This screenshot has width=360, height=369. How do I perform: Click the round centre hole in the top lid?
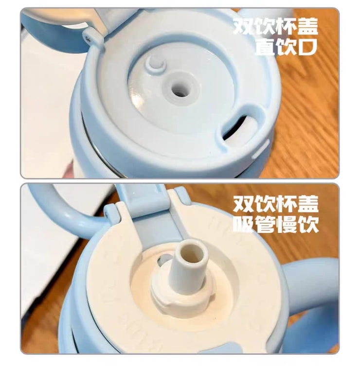181,88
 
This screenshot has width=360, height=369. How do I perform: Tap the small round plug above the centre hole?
155,62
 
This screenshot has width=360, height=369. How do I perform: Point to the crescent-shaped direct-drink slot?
238,125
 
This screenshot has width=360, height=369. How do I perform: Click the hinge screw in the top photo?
88,38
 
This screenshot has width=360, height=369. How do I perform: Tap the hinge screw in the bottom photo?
107,214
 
